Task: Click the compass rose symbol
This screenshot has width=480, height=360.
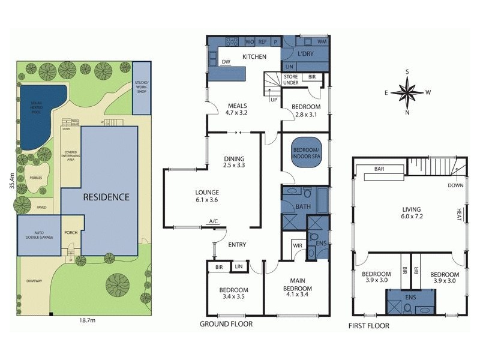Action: (x=407, y=92)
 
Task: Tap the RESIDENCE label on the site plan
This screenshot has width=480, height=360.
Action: (x=106, y=197)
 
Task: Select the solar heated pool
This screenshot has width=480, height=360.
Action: (x=40, y=115)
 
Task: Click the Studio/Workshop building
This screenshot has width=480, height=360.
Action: (x=141, y=87)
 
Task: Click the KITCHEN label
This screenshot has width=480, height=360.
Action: (x=254, y=57)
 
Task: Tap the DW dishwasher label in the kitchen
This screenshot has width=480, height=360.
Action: (x=226, y=62)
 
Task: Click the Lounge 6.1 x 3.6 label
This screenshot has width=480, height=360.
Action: (x=207, y=197)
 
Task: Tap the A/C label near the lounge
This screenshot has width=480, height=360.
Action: (x=213, y=223)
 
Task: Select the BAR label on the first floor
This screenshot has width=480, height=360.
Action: (x=379, y=170)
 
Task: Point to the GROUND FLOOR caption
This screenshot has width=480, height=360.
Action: (x=226, y=324)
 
